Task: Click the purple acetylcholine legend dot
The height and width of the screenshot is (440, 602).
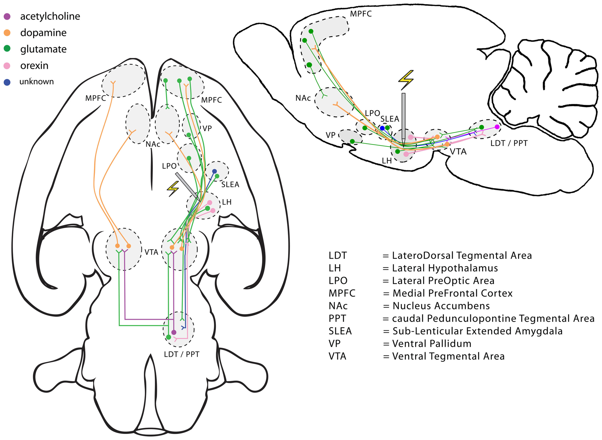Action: click(x=7, y=17)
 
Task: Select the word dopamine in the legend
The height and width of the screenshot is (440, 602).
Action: click(x=43, y=33)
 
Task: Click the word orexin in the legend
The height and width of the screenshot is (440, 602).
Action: click(x=34, y=65)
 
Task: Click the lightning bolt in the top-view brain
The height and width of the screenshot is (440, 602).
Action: click(x=173, y=189)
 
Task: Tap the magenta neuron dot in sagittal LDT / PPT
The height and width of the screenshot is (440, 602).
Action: click(x=497, y=127)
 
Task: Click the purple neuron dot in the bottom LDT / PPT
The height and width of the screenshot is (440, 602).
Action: click(x=174, y=332)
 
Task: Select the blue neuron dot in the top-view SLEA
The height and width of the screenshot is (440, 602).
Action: click(x=214, y=171)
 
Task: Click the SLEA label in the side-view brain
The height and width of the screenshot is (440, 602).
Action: click(x=390, y=119)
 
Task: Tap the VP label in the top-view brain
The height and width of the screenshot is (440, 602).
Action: click(x=207, y=128)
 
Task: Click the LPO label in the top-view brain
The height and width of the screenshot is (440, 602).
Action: click(x=169, y=166)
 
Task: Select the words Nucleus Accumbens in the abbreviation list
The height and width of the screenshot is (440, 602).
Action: click(x=441, y=306)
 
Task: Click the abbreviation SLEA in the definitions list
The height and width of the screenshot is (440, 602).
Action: click(x=340, y=331)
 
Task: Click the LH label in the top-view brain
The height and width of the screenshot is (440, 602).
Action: click(x=227, y=202)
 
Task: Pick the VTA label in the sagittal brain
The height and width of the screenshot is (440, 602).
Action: click(x=458, y=152)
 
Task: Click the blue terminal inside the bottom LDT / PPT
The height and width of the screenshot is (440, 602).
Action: click(x=183, y=327)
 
